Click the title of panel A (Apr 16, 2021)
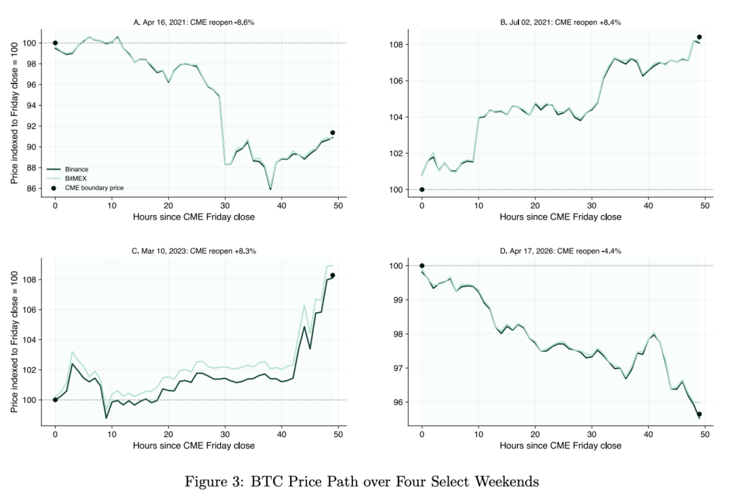(x=194, y=22)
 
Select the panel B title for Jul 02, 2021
(x=561, y=22)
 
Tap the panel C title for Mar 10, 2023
(x=194, y=251)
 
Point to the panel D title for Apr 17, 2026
(x=561, y=251)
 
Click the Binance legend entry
(x=68, y=169)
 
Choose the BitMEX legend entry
(x=66, y=178)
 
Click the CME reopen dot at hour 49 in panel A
(x=332, y=133)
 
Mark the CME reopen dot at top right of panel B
(x=699, y=37)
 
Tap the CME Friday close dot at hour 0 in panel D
(x=422, y=265)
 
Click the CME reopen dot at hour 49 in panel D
(x=699, y=414)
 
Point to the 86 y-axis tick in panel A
(x=31, y=189)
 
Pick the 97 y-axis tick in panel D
(x=398, y=368)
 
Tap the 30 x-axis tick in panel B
(x=592, y=205)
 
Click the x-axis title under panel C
(x=194, y=446)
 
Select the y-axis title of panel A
(x=14, y=113)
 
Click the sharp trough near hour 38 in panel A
(x=270, y=189)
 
